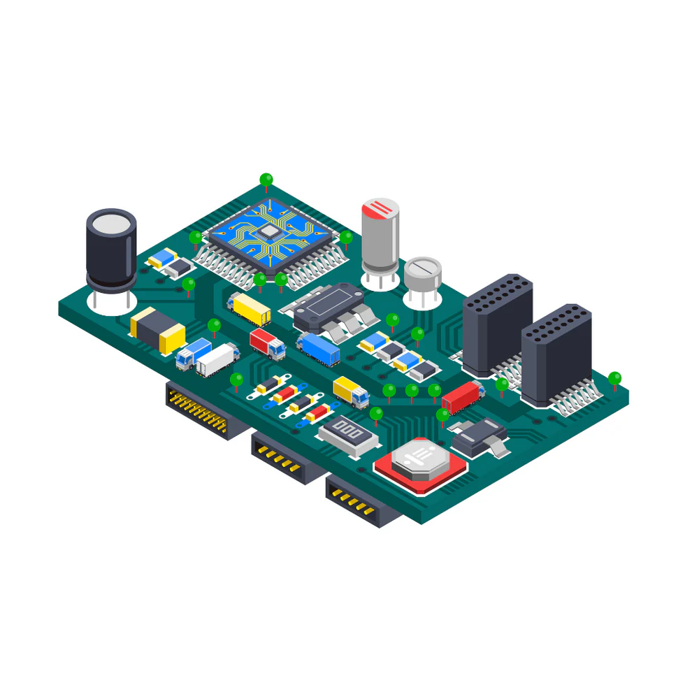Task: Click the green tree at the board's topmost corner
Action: tap(266, 180)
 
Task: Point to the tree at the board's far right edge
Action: tap(614, 380)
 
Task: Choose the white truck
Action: tap(217, 360)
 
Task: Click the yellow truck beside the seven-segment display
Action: tap(351, 391)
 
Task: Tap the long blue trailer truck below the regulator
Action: tap(318, 348)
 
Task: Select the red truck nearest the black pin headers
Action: tap(463, 396)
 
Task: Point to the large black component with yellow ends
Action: tap(158, 330)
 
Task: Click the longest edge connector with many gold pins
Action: tap(199, 407)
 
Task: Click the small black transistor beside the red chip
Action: tap(479, 438)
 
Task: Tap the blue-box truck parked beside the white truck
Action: tap(192, 353)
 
